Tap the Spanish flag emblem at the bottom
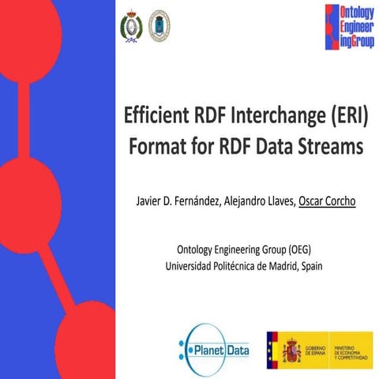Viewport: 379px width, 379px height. [x=284, y=346]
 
